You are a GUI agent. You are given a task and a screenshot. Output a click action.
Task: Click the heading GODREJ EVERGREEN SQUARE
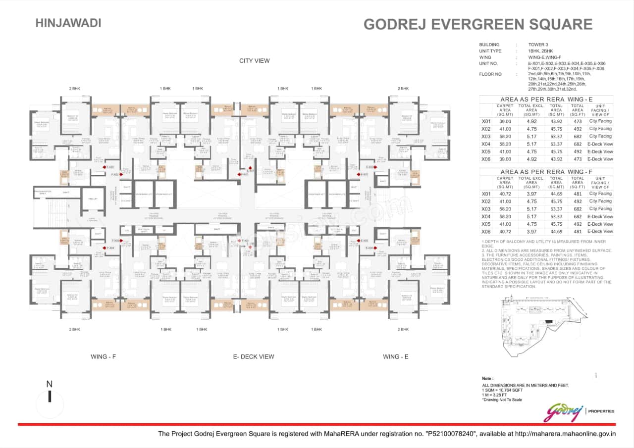pyautogui.click(x=477, y=24)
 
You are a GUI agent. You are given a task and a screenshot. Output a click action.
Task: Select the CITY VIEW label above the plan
pyautogui.click(x=254, y=61)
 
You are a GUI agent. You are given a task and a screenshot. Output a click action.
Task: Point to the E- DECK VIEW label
pyautogui.click(x=253, y=356)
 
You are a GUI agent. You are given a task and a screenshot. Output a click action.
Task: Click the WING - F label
pyautogui.click(x=104, y=356)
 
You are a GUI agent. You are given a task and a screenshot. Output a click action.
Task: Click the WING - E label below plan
pyautogui.click(x=396, y=356)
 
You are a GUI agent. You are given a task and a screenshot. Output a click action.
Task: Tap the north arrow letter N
pyautogui.click(x=49, y=384)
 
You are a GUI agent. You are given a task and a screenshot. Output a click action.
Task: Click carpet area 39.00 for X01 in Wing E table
pyautogui.click(x=505, y=121)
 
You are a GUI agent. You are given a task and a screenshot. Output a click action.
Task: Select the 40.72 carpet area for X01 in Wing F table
pyautogui.click(x=505, y=194)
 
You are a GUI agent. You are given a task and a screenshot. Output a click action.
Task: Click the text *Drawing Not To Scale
pyautogui.click(x=502, y=399)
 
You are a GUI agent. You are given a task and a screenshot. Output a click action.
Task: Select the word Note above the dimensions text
pyautogui.click(x=487, y=379)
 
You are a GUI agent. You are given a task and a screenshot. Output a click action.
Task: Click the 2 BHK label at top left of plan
pyautogui.click(x=75, y=89)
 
